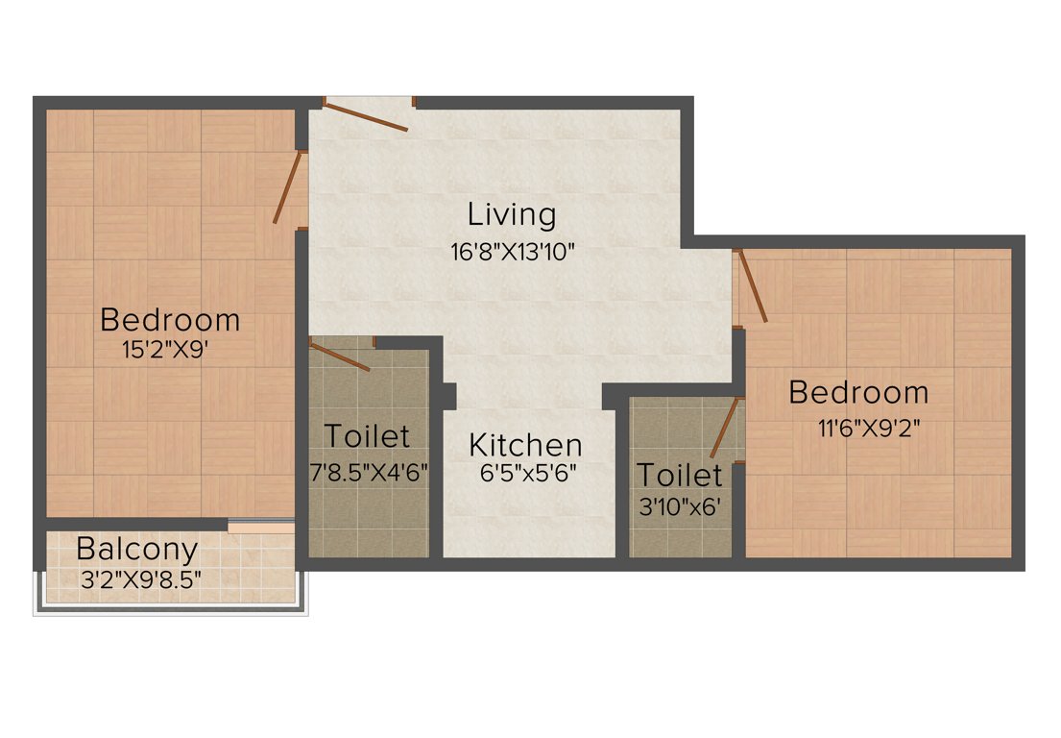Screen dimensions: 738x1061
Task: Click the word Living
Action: pyautogui.click(x=512, y=214)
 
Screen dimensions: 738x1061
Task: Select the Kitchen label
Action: pyautogui.click(x=525, y=445)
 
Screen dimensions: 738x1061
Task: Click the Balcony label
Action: pyautogui.click(x=137, y=550)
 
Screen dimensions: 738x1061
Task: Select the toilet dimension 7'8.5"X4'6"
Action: pyautogui.click(x=367, y=472)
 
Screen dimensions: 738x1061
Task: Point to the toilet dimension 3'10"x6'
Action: pyautogui.click(x=680, y=505)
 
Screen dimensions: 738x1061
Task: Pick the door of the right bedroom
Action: pyautogui.click(x=751, y=285)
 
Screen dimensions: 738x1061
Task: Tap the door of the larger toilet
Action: pyautogui.click(x=340, y=355)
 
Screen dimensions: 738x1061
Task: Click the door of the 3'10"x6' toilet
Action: pyautogui.click(x=727, y=428)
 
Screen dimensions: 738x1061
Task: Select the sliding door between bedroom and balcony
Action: pyautogui.click(x=261, y=527)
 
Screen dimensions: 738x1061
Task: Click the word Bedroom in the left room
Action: pyautogui.click(x=170, y=318)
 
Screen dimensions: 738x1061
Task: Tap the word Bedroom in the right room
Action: pyautogui.click(x=858, y=392)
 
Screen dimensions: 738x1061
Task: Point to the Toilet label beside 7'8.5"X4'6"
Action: pyautogui.click(x=367, y=436)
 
